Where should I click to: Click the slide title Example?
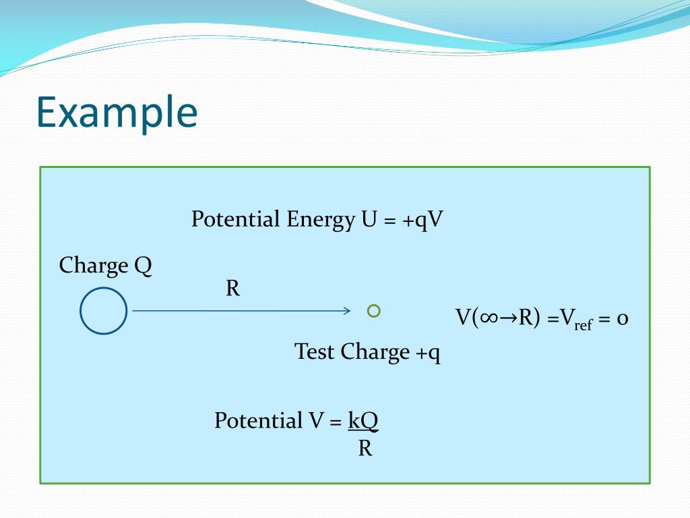117,113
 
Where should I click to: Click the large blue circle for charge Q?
103,311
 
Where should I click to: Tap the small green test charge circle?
374,310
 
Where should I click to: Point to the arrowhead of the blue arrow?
346,311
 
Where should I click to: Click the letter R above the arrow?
232,289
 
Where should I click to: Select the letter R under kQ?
365,449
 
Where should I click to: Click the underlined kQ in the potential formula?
363,421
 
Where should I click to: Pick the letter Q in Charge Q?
143,266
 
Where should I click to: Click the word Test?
315,352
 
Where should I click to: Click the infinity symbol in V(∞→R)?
489,318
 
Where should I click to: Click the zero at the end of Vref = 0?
623,319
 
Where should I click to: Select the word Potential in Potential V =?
259,421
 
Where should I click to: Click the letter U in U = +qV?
368,220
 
